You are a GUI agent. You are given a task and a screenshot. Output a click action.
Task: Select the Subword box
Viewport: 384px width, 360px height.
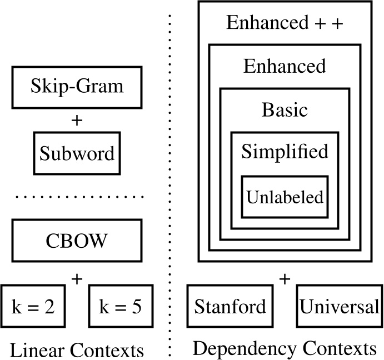[77, 153]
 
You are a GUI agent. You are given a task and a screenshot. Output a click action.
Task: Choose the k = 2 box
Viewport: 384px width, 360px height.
[33, 307]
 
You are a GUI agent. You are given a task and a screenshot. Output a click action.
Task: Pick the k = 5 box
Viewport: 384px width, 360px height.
[121, 307]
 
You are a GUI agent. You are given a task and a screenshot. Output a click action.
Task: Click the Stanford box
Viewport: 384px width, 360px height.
[230, 307]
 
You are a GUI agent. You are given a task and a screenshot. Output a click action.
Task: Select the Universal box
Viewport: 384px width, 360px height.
[339, 307]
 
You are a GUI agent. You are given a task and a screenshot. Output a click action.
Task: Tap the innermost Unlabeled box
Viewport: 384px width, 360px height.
[285, 197]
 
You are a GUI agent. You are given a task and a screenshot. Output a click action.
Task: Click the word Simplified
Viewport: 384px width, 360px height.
[285, 152]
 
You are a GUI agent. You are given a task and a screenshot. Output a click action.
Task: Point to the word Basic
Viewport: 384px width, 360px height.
[285, 109]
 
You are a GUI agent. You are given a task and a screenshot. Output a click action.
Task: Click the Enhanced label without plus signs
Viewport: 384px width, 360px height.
[285, 66]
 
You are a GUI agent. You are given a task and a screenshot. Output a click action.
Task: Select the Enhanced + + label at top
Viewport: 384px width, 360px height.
[285, 23]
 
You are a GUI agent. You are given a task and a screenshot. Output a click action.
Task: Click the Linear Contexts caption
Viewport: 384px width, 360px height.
[77, 350]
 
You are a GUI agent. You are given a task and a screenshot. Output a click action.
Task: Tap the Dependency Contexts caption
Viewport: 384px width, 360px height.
[284, 349]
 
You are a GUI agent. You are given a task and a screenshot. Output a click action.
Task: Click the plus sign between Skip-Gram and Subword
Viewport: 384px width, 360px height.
[77, 120]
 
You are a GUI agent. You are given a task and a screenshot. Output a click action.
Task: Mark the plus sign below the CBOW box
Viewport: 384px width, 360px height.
[77, 278]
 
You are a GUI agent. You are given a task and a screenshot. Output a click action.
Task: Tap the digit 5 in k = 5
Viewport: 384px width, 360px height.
[136, 307]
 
